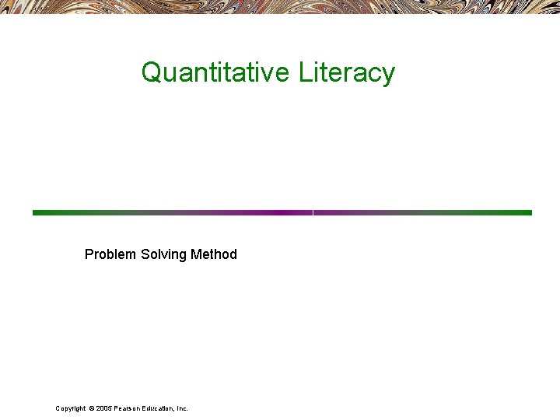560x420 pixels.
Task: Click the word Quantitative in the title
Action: point(215,72)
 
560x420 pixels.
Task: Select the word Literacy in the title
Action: point(346,72)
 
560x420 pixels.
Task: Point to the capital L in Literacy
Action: point(304,72)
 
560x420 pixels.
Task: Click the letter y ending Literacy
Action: point(388,75)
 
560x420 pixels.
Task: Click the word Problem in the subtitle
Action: point(110,254)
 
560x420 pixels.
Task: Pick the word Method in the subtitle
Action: point(213,254)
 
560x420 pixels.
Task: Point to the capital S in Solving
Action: point(145,254)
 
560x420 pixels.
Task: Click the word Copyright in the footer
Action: point(70,408)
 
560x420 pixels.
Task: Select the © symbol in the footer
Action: point(92,408)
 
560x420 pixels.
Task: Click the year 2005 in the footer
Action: point(104,408)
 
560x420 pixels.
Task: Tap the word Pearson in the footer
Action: point(127,408)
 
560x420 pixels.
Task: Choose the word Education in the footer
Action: point(158,408)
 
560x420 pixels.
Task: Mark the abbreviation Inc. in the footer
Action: point(182,408)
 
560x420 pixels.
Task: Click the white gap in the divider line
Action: point(313,212)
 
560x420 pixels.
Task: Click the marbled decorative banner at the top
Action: point(280,6)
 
